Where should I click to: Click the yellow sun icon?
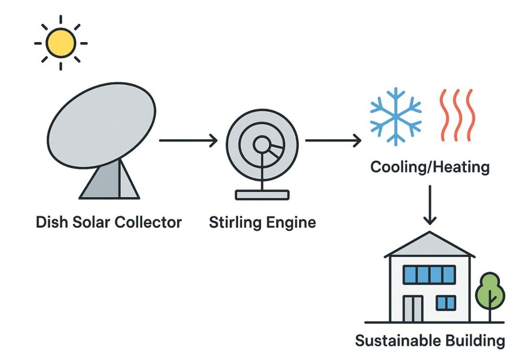coord(61,43)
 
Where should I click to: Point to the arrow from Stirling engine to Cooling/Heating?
coord(333,141)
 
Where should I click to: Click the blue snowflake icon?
coord(396,116)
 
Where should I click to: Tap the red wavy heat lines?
coord(457,115)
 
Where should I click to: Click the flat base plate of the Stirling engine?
coord(262,195)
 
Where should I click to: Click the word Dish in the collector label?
coord(51,222)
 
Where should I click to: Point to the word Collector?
coord(149,222)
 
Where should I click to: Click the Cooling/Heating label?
coord(430,168)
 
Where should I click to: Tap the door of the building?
coord(413,309)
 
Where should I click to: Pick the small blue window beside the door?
coord(446,303)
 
